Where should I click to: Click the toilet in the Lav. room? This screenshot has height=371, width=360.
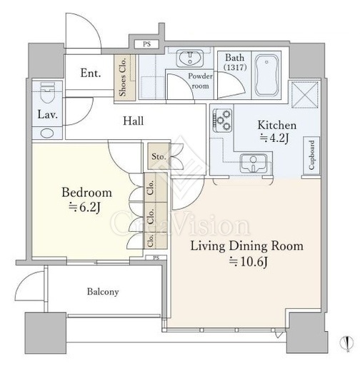47,93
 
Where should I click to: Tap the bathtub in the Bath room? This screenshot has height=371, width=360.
266,75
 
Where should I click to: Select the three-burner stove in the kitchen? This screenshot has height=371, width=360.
222,121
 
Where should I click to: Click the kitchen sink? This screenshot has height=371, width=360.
254,163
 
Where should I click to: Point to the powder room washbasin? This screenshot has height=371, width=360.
190,58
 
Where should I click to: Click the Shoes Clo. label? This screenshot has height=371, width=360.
123,77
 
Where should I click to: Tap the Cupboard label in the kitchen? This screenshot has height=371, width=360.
311,155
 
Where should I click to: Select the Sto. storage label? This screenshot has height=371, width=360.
159,156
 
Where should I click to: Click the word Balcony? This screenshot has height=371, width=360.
103,292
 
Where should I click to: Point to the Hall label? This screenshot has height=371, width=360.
134,121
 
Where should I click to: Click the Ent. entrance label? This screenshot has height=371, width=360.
91,73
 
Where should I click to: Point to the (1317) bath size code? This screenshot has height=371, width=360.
235,68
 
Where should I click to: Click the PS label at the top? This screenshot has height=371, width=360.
146,44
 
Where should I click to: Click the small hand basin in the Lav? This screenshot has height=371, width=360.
47,133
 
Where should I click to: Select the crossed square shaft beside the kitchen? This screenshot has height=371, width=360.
304,95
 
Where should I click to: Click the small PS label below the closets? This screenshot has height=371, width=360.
156,258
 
